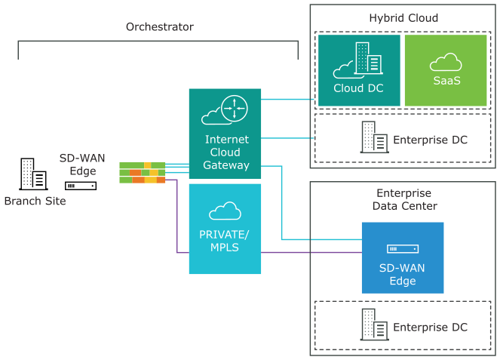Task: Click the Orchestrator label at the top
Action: [159, 26]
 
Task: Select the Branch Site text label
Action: [35, 201]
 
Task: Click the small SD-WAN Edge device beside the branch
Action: [81, 185]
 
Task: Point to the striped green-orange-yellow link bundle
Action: [142, 173]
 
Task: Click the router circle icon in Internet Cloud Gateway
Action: [235, 109]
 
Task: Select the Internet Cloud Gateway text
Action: [226, 152]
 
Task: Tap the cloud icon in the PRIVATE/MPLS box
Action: [224, 211]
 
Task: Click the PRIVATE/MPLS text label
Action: [224, 240]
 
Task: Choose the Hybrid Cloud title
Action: [403, 17]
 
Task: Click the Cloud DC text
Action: [359, 88]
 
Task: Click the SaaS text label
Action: [445, 80]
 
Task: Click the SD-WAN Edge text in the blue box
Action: [403, 275]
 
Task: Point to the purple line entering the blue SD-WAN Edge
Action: [317, 252]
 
